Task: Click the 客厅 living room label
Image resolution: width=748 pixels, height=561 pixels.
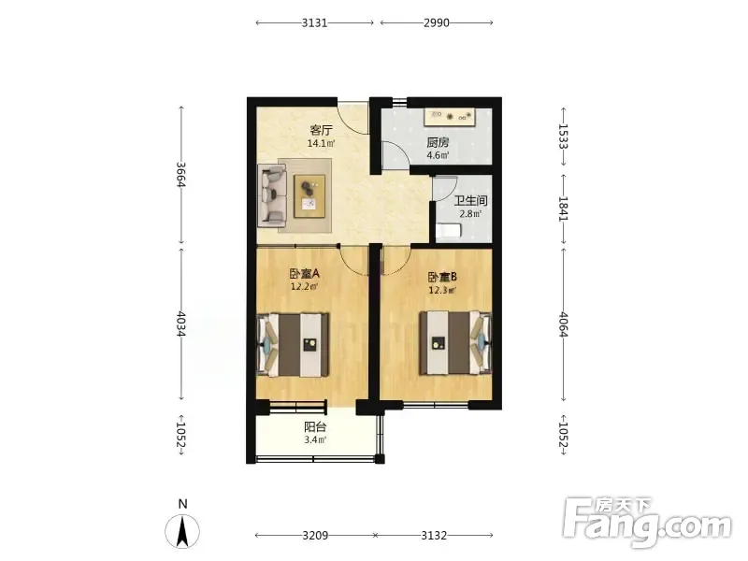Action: click(x=321, y=130)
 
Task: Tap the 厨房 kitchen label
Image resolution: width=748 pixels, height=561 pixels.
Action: click(x=438, y=142)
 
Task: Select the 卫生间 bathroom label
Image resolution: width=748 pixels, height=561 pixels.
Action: click(x=470, y=201)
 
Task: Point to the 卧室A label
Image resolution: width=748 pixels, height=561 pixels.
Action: click(x=305, y=274)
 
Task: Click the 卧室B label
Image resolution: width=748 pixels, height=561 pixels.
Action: click(x=442, y=277)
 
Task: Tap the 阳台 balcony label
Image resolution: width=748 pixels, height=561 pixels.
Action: click(x=315, y=427)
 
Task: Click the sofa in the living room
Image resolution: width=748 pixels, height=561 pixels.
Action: click(x=272, y=195)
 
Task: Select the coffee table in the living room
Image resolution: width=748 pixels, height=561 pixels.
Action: click(x=309, y=196)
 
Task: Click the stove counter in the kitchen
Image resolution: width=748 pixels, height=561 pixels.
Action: click(x=451, y=117)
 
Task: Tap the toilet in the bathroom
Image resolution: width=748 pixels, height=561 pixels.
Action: click(x=449, y=231)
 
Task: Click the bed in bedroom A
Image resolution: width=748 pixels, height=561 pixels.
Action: click(x=294, y=344)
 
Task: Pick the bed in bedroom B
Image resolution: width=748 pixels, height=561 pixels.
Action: click(x=455, y=342)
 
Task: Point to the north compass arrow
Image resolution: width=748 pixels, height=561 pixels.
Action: click(x=182, y=531)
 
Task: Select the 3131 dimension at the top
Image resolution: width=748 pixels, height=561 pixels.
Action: click(x=315, y=22)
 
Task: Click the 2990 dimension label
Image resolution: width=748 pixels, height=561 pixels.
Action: click(x=437, y=22)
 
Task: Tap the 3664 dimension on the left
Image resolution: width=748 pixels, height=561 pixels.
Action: click(x=180, y=175)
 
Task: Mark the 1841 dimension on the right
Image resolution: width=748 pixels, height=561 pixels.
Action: click(x=564, y=209)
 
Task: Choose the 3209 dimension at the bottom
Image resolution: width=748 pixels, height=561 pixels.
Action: click(x=315, y=536)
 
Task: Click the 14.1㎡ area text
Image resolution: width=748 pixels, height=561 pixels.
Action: click(x=321, y=143)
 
